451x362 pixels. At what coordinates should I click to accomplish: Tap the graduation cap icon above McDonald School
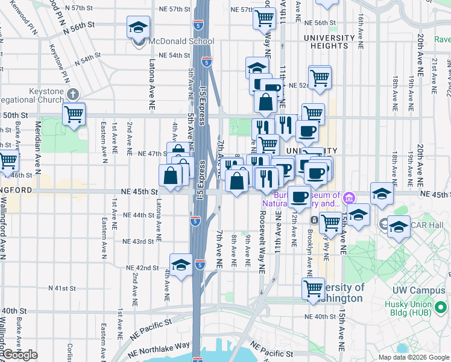pos(138,28)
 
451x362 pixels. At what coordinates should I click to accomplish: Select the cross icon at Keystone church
pos(73,94)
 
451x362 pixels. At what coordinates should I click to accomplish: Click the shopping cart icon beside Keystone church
pos(74,113)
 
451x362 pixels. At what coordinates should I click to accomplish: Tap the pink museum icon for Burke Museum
pos(348,197)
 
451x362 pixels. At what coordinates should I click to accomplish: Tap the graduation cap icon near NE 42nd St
pos(181,265)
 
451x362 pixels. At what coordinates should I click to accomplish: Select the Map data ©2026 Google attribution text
pos(413,357)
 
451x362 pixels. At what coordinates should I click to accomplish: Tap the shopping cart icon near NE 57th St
pos(264,18)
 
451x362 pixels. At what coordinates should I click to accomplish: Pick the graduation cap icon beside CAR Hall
pos(399,227)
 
